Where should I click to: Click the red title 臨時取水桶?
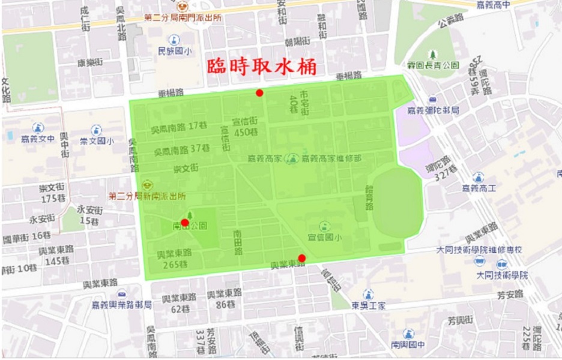pos(262,67)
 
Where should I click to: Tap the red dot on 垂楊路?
pos(259,92)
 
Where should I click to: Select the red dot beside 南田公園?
pos(185,222)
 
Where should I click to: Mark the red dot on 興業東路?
pos(301,258)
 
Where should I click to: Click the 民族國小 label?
pos(175,52)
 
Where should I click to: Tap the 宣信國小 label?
pos(324,237)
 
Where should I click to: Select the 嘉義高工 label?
pos(479,188)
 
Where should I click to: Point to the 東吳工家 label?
pos(369,305)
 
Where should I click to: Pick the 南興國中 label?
pos(408,344)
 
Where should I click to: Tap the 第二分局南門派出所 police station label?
pos(183,17)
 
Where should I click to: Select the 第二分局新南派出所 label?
pos(147,196)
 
